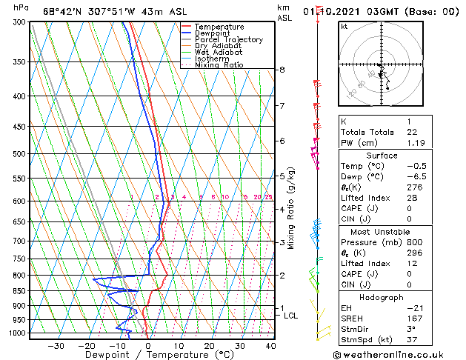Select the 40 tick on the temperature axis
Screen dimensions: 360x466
tap(270, 345)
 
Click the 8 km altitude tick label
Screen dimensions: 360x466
tap(282, 70)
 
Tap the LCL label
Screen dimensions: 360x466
tap(291, 316)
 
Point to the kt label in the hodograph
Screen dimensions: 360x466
tap(344, 26)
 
